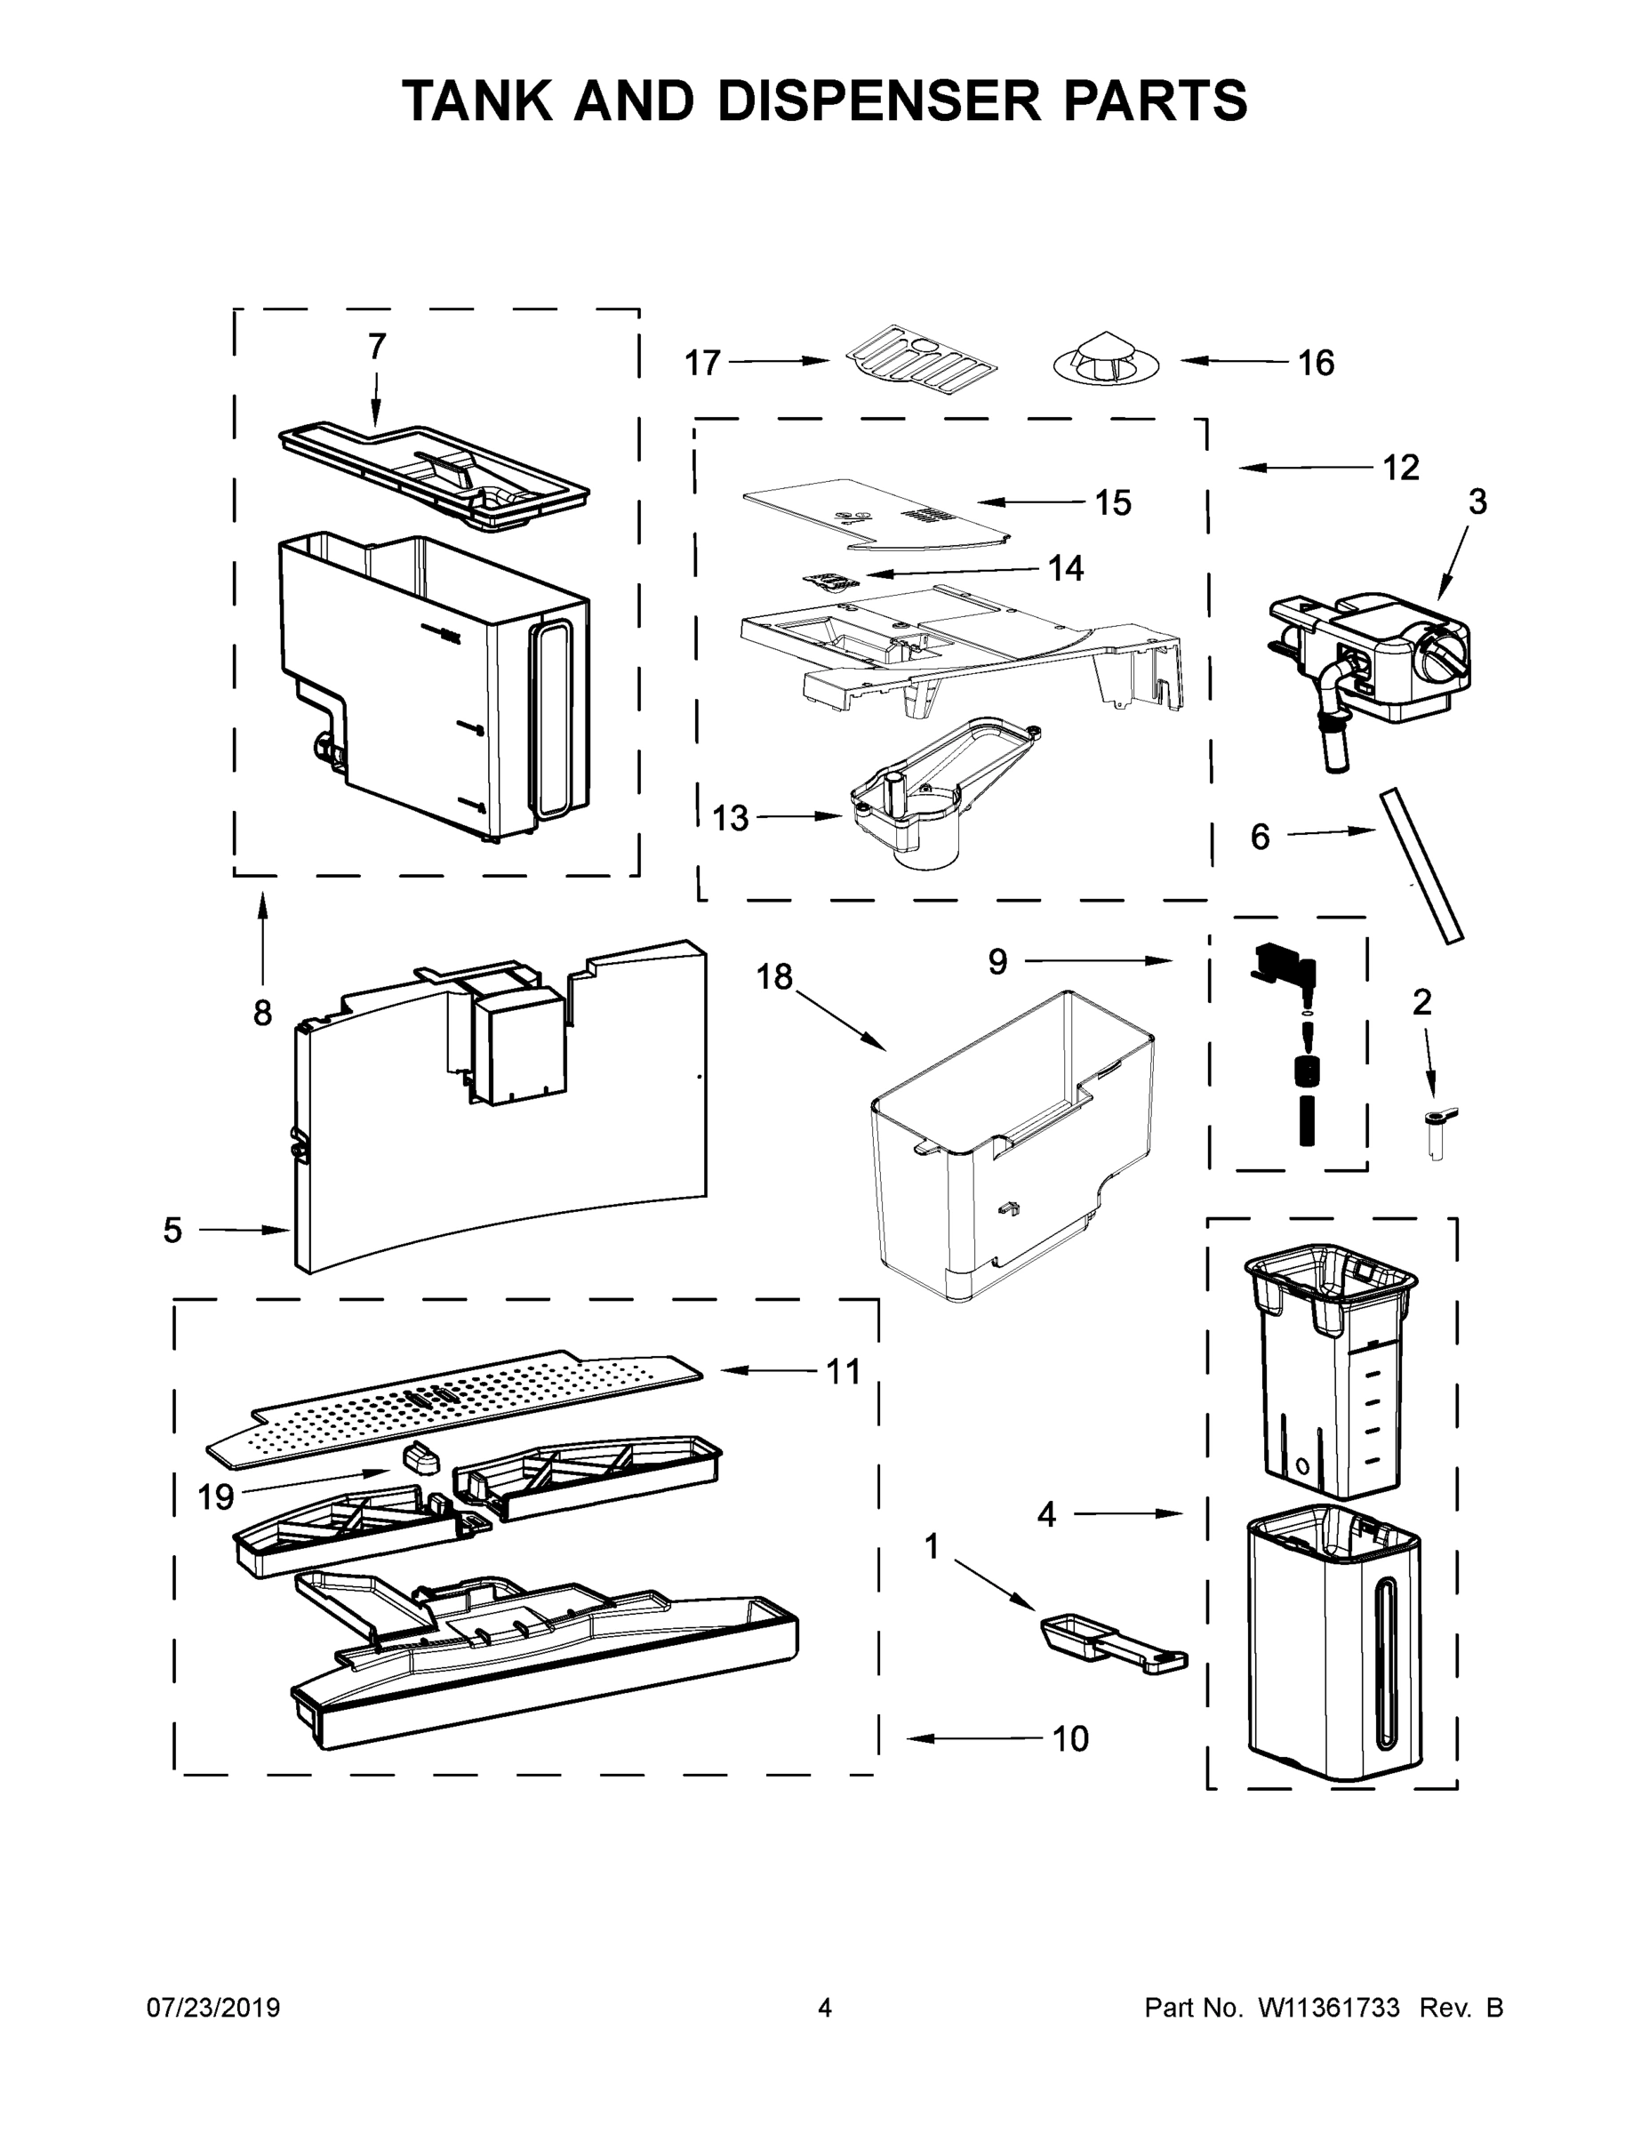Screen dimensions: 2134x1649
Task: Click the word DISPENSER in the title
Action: (x=879, y=100)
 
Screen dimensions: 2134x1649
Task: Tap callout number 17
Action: (x=701, y=364)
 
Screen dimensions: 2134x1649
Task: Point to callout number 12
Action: (x=1400, y=468)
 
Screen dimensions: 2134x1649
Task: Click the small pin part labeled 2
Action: (x=1436, y=1134)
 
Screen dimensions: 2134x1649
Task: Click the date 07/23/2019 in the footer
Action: (x=213, y=2008)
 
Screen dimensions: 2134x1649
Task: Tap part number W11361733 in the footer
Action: (x=1329, y=2008)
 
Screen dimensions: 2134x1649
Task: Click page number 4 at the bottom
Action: (x=825, y=2008)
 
